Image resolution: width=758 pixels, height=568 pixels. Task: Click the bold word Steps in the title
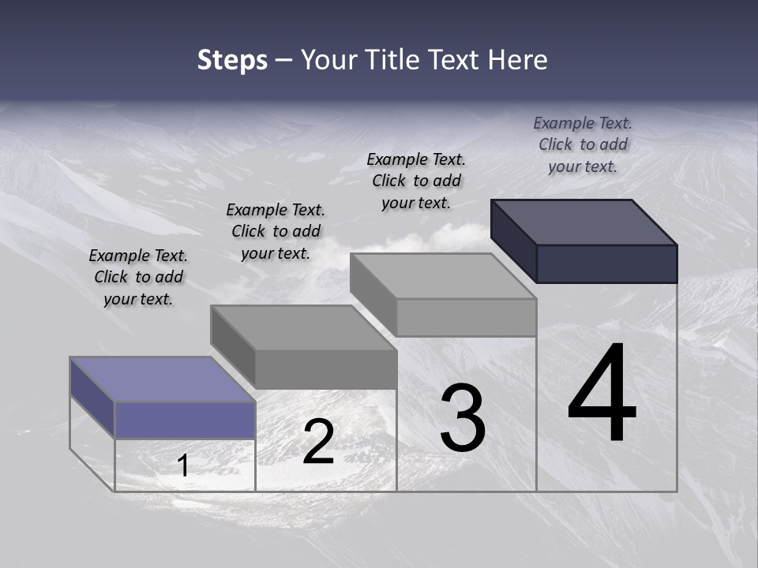point(232,60)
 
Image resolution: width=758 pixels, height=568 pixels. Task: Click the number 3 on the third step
point(462,418)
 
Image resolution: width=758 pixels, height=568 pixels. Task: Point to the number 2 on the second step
point(318,442)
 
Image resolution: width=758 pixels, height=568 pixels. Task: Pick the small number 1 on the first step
point(183,466)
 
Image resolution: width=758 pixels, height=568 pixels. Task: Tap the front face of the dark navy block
point(606,263)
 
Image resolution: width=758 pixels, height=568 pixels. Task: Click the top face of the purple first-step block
point(163,379)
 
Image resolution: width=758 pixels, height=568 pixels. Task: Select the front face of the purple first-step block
point(185,420)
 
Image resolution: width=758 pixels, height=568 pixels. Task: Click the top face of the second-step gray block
point(303,327)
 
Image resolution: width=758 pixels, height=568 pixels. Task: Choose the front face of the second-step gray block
point(325,369)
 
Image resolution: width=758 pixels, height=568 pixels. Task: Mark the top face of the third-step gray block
point(443,276)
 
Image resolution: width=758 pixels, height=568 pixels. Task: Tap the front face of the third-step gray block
point(466,317)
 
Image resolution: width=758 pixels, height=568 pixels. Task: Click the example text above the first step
point(138,278)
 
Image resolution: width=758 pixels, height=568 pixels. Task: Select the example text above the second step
point(276,232)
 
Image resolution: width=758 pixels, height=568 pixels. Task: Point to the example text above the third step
point(416,181)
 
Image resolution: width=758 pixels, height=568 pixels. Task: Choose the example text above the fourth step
point(583,144)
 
